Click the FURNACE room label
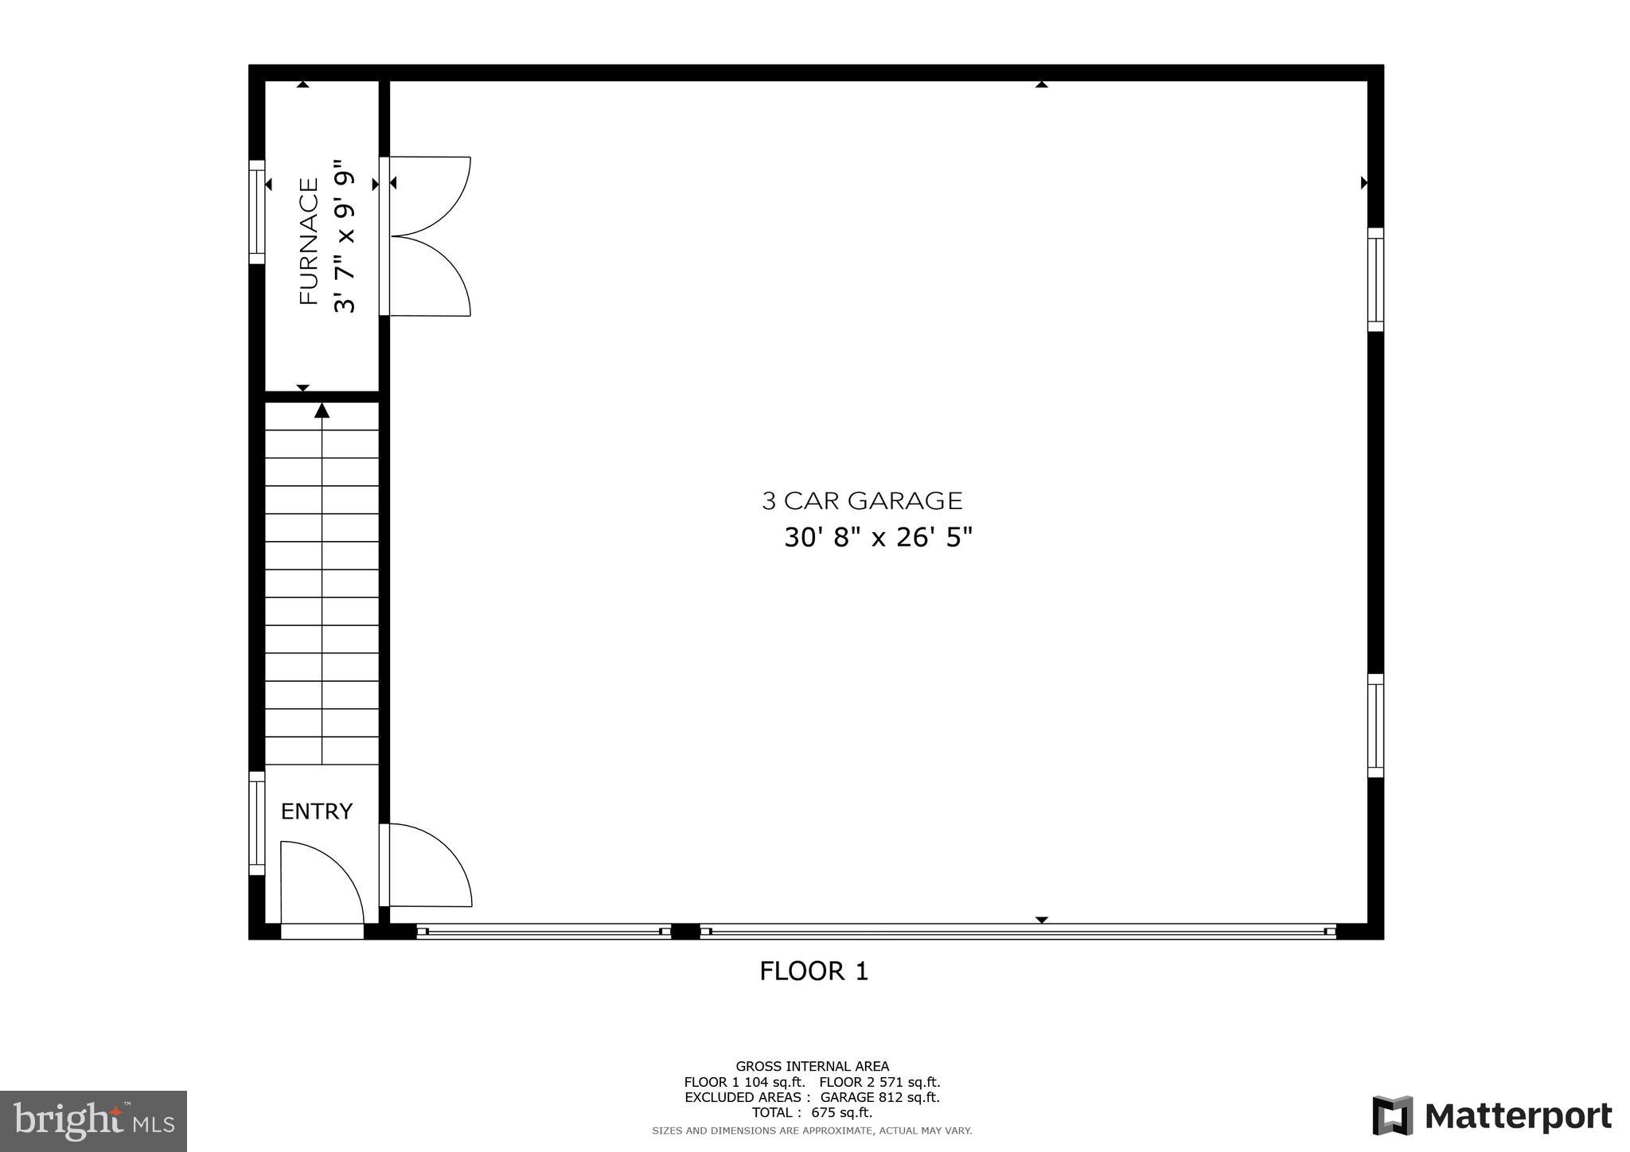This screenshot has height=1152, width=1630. [309, 241]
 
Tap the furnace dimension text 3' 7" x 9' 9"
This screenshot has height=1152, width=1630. [344, 237]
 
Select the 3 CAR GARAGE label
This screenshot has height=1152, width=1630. [862, 501]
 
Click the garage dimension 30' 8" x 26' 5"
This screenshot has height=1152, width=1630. [878, 538]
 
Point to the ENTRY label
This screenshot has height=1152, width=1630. [316, 811]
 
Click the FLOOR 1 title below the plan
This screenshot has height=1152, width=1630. [813, 971]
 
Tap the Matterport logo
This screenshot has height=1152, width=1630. [1492, 1116]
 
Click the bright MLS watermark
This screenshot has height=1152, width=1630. [93, 1121]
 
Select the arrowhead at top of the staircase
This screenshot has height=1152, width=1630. [322, 411]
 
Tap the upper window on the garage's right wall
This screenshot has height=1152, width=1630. [1375, 279]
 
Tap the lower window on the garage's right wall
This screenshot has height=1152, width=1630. [1375, 726]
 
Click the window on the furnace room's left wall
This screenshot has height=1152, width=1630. [256, 212]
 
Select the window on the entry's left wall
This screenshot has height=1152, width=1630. [256, 823]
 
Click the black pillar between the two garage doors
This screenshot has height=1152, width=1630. [685, 932]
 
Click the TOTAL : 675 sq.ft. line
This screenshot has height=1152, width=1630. [812, 1112]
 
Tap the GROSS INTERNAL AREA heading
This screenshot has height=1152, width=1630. [812, 1066]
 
